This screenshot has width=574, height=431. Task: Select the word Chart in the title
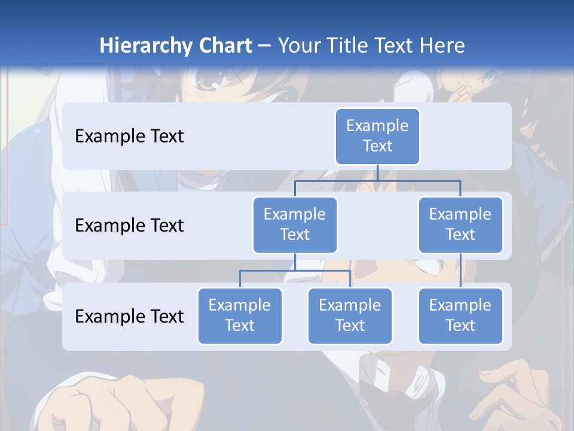223,45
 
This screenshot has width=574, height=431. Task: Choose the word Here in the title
442,45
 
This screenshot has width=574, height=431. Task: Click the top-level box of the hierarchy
377,136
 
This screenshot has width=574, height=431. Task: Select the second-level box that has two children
295,224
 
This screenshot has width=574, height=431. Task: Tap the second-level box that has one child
460,224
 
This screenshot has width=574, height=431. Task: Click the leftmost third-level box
240,315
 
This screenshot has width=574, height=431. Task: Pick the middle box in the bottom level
350,315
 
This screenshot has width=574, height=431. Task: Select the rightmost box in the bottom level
460,315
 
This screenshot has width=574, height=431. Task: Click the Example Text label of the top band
129,136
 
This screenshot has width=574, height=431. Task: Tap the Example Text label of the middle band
129,225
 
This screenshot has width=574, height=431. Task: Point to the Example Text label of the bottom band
129,316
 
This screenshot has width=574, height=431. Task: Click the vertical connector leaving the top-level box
377,172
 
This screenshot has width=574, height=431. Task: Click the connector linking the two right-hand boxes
460,270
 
